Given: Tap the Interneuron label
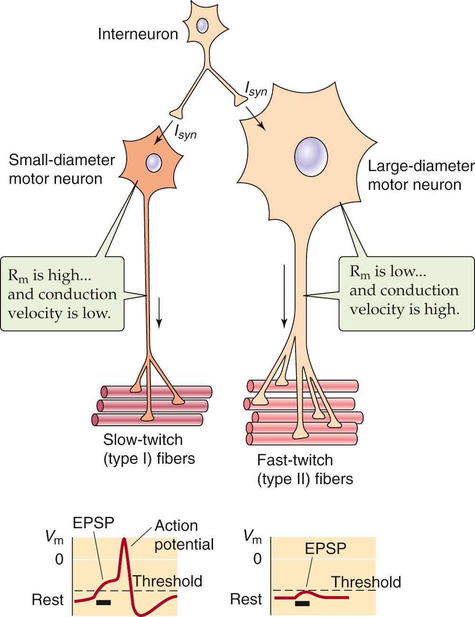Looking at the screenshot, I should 138,34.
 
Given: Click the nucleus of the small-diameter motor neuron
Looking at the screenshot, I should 154,163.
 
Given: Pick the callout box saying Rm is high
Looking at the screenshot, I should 63,294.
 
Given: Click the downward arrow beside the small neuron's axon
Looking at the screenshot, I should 159,313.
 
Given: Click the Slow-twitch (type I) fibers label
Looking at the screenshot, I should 149,449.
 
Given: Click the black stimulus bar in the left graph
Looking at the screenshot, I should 103,603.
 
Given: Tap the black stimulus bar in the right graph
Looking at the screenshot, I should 302,603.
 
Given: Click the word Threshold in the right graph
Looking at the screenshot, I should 366,582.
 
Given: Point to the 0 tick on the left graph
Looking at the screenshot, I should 59,559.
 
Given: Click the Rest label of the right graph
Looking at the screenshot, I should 246,599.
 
